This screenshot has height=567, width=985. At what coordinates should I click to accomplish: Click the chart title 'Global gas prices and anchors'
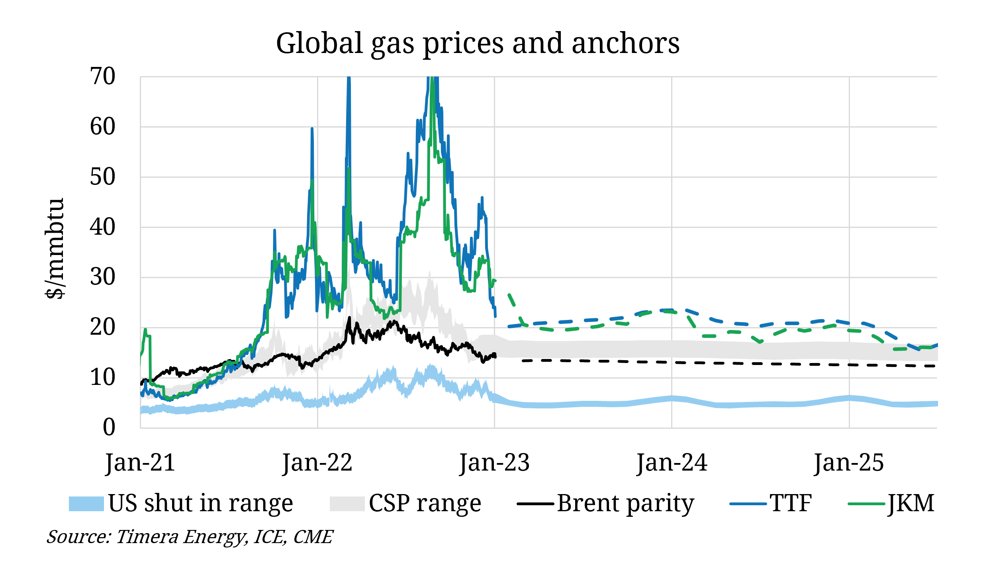tap(478, 43)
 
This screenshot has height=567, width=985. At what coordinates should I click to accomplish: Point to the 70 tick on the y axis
tap(102, 77)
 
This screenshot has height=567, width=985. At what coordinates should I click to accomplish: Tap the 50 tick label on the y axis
tap(102, 177)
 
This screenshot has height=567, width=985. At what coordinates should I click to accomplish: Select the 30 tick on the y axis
tap(102, 277)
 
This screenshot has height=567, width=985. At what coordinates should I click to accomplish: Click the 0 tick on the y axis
tap(109, 428)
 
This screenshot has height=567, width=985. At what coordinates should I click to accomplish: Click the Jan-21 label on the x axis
tap(140, 463)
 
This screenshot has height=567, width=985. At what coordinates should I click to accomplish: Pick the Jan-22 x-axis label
tap(317, 463)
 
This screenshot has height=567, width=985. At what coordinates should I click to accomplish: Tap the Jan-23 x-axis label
tap(494, 463)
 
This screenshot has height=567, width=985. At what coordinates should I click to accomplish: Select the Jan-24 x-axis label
tap(672, 463)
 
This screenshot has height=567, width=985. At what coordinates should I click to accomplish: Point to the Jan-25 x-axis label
tap(849, 463)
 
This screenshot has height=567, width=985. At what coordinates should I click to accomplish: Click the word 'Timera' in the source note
tap(147, 537)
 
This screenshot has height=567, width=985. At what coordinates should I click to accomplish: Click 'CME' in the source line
tap(313, 537)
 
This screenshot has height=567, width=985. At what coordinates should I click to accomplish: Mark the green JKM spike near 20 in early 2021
tap(145, 330)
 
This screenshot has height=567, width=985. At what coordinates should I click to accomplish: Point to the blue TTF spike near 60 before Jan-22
tap(312, 129)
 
